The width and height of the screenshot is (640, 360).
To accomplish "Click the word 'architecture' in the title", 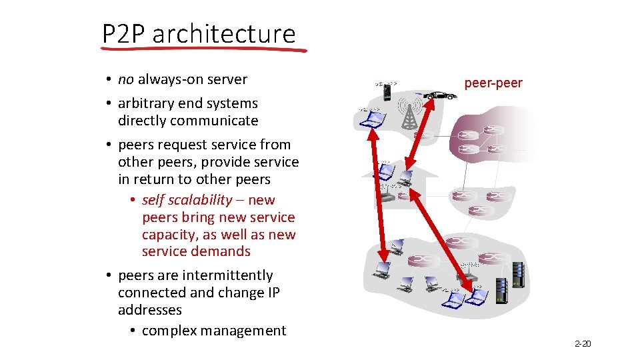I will coord(224,33).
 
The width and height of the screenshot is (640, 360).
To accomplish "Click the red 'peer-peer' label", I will coord(493,83).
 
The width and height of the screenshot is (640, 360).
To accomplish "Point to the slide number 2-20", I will coord(582,344).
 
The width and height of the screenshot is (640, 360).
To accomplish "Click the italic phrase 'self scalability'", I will coord(187,200).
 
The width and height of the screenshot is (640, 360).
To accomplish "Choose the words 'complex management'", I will coord(213,331).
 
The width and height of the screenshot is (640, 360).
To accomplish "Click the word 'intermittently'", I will coord(227,275).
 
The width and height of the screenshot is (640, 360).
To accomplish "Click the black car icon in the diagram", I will coord(441,95).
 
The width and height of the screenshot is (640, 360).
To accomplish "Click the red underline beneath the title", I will coord(203,49).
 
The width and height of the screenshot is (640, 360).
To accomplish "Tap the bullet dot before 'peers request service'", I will coord(107,145).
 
